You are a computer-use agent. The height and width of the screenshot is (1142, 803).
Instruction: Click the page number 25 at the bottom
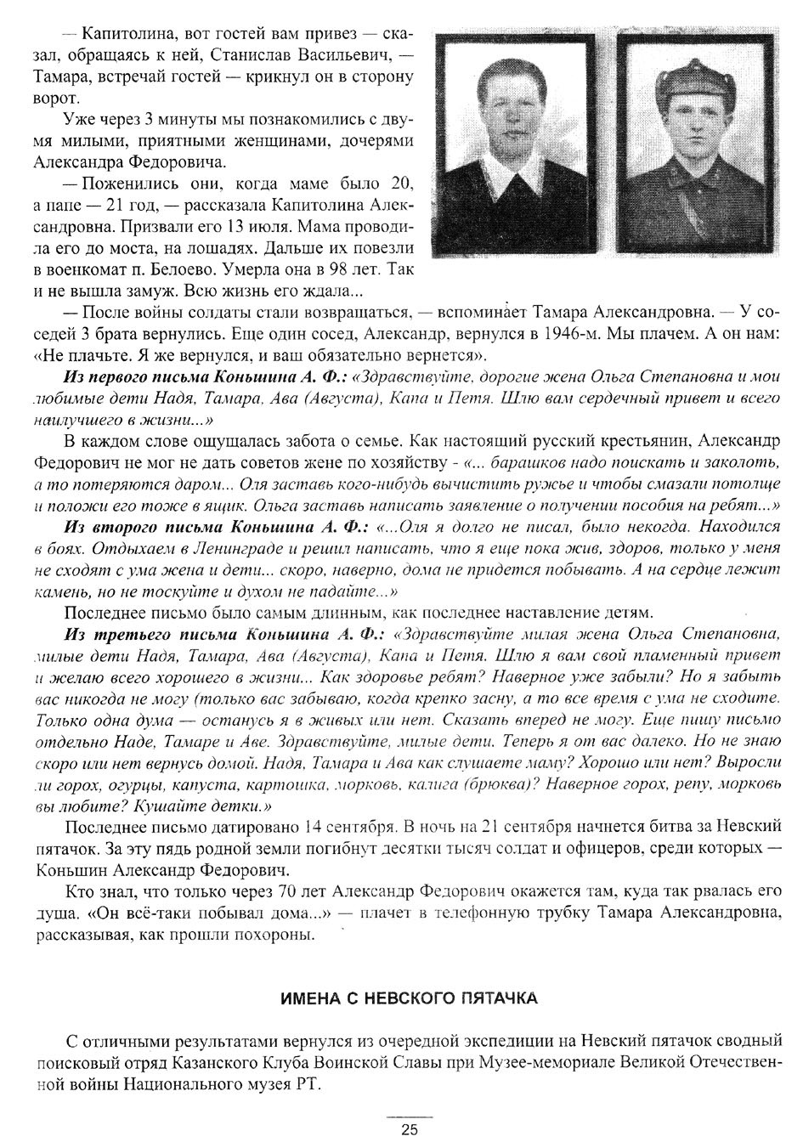[x=410, y=1129]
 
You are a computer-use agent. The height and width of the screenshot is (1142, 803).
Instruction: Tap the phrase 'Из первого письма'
[x=133, y=376]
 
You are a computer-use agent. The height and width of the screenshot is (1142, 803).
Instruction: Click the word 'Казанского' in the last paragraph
[x=206, y=1063]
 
